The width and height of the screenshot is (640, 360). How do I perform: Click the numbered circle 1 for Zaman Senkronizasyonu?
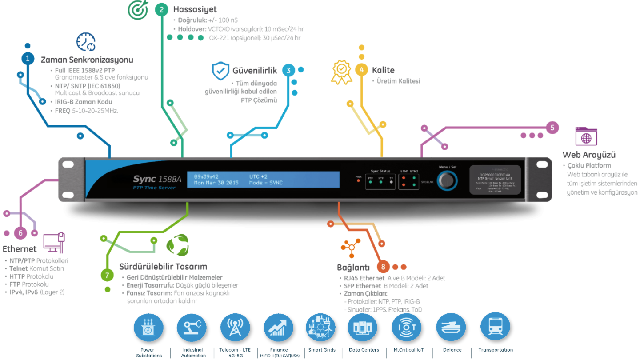tap(28, 59)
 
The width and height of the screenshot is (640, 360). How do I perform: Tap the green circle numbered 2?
tap(161, 10)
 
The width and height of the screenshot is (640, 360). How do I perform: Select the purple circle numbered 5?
tap(552, 128)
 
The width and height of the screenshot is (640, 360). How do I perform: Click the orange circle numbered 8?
tap(383, 267)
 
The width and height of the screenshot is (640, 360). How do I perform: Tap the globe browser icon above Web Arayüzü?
tap(586, 136)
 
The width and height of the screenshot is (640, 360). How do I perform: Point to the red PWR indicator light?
tap(358, 181)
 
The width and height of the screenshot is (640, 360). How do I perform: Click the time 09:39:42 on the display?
tap(206, 176)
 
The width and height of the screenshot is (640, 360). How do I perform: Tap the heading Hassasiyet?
tap(189, 10)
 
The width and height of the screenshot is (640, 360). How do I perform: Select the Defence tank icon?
tap(451, 328)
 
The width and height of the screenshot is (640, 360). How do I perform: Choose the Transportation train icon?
tap(495, 328)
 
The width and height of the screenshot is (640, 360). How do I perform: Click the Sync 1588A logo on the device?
tap(157, 180)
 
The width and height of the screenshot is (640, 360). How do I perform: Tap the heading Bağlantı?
tap(353, 268)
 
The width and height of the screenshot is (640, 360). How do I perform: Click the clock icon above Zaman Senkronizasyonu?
tap(85, 42)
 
